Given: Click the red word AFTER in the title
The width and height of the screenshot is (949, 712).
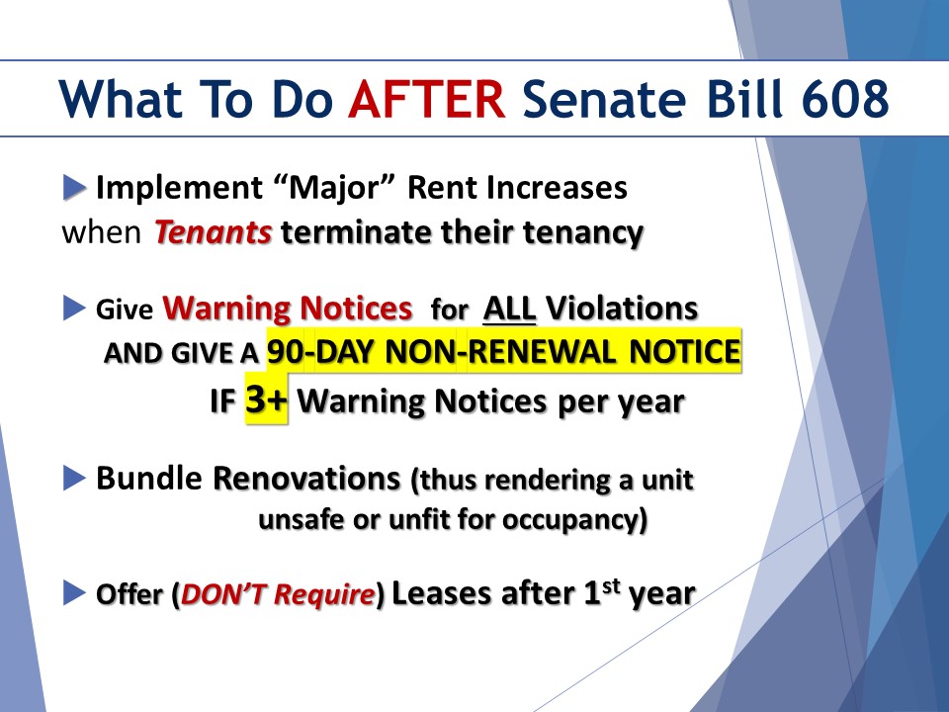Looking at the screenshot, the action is [427, 99].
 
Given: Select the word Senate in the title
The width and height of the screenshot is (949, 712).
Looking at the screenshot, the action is [604, 99].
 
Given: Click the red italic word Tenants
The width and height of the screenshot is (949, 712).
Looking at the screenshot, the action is [214, 231].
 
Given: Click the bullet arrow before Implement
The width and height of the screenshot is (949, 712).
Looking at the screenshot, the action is [75, 187].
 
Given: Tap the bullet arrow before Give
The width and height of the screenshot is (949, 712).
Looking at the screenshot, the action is [74, 309].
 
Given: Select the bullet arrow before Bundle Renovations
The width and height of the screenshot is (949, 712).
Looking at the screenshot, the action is [74, 479].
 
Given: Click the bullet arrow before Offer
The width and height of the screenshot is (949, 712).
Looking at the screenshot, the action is [74, 592].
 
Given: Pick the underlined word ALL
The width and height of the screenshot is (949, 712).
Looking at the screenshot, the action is [510, 309].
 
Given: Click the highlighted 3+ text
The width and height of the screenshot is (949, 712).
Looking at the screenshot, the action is [266, 400].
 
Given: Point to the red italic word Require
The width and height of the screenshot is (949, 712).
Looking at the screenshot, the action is [324, 594].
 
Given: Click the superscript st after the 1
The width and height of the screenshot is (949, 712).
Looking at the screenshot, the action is [612, 585].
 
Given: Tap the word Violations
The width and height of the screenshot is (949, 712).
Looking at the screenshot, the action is [622, 309].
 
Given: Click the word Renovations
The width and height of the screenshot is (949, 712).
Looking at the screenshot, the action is [306, 479].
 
